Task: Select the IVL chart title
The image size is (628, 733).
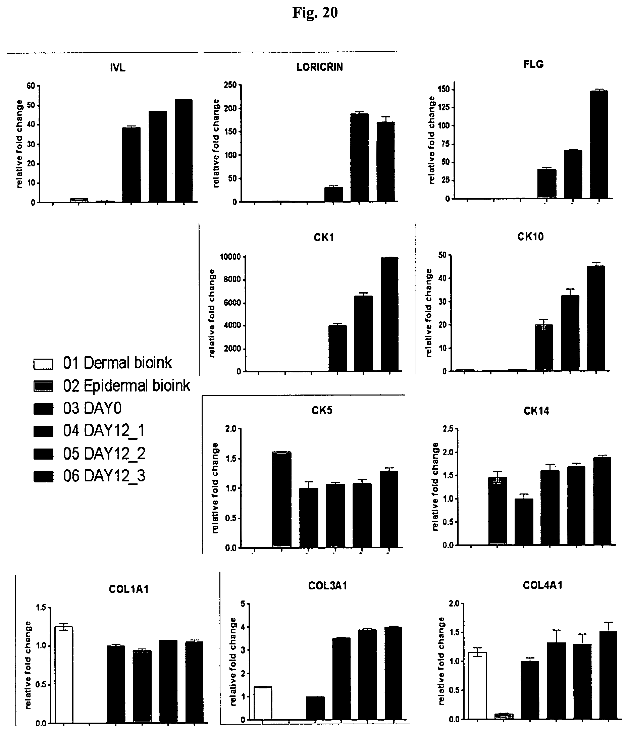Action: point(117,67)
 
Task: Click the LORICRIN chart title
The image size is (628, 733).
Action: point(319,67)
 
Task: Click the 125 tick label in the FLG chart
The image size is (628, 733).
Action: point(444,108)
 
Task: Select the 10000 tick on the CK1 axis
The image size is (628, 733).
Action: point(230,257)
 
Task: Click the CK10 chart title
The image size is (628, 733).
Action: point(530,237)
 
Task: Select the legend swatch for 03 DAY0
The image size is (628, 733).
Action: point(43,409)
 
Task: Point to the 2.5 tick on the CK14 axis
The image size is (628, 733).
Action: point(448,429)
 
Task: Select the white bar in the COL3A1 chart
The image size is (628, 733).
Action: point(263,703)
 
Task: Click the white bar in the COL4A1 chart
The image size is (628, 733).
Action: point(477,685)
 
